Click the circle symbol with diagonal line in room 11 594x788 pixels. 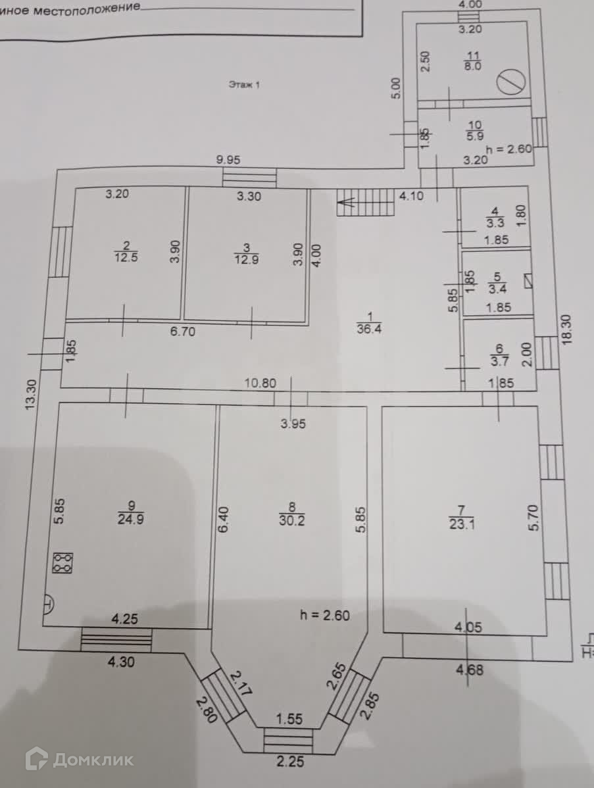(x=511, y=82)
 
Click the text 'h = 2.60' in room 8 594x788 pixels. (x=325, y=616)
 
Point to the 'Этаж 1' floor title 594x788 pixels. (x=245, y=84)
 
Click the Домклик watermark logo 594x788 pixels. (x=80, y=760)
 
